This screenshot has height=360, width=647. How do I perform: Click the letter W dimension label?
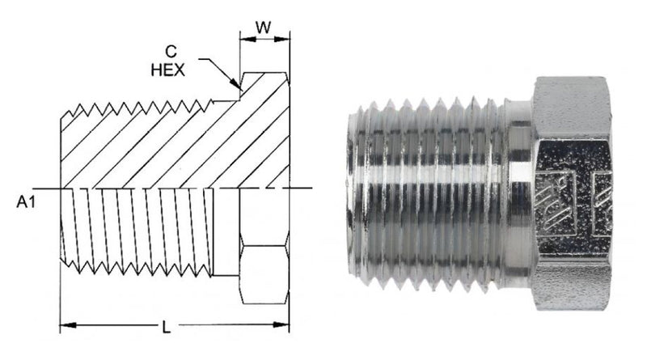point(264,28)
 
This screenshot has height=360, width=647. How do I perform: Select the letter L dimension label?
point(166,328)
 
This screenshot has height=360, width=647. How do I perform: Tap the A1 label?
point(26,202)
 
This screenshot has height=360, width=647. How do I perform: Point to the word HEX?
point(167,70)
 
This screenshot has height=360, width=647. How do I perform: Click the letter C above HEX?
point(171,52)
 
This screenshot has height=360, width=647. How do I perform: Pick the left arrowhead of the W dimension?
point(247,39)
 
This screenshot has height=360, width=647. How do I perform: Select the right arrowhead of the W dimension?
point(281,39)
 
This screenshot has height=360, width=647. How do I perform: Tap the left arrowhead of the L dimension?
point(68,325)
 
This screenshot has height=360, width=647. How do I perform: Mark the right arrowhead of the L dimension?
point(281,325)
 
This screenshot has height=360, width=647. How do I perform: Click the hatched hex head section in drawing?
point(265,130)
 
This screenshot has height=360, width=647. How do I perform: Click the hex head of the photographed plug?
point(573,193)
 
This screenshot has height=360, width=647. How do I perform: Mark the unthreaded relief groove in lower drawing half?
point(226,231)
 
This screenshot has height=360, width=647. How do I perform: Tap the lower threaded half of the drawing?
point(137,231)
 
